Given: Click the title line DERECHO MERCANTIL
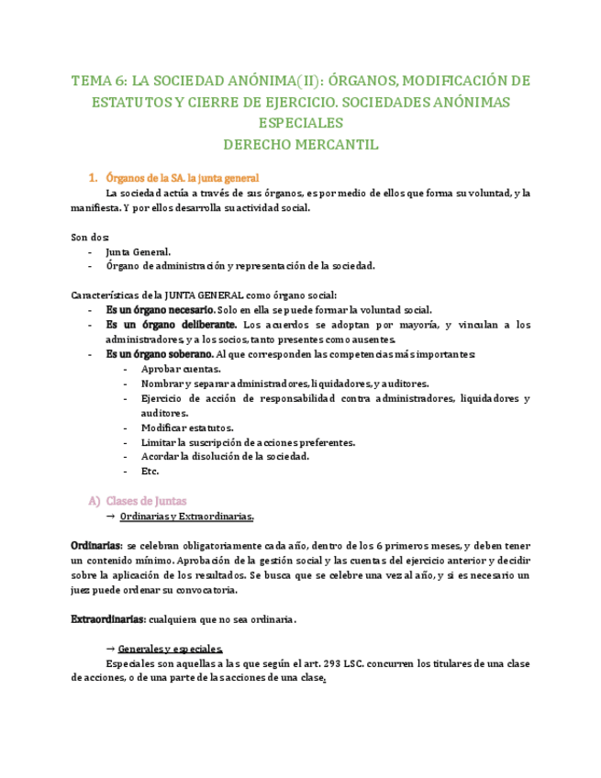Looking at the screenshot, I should [300, 144].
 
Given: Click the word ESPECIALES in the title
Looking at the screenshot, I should [300, 122].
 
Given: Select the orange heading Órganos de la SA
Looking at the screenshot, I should [146, 178].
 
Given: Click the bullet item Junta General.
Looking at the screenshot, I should [138, 251].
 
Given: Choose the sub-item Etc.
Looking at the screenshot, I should [150, 472].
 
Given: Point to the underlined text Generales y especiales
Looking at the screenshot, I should [171, 648].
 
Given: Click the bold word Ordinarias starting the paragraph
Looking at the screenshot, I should [96, 546].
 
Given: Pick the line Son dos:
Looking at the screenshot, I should [90, 237].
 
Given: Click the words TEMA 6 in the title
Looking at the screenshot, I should [98, 80].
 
